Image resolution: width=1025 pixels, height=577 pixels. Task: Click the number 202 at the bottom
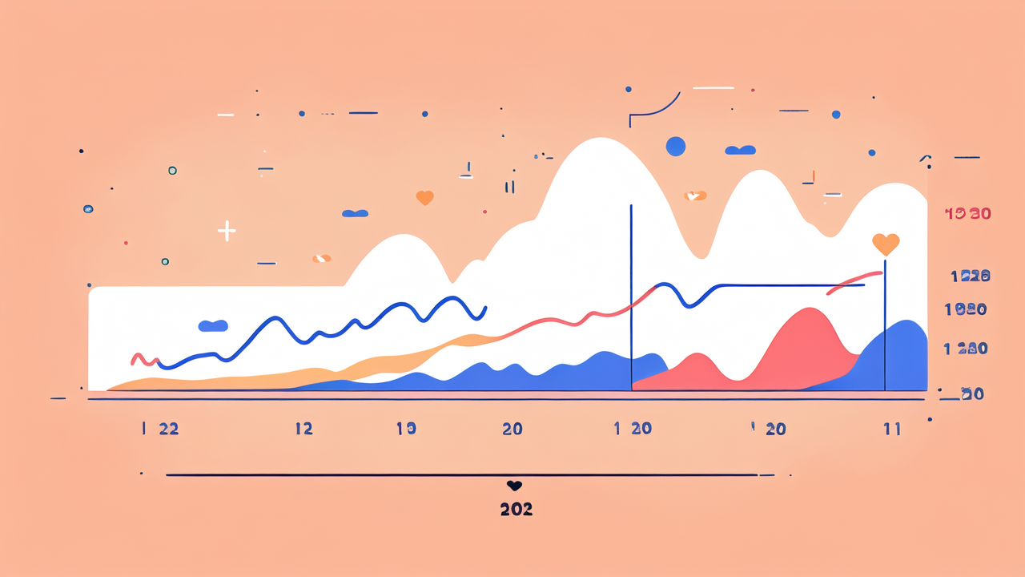tap(516, 510)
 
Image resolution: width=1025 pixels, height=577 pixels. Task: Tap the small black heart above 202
tap(514, 486)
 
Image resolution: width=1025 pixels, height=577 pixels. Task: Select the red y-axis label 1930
tap(968, 214)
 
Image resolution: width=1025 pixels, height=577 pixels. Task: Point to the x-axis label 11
tap(892, 429)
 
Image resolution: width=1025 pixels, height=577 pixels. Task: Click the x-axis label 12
tap(303, 429)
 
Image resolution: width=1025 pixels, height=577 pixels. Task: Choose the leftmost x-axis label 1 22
tap(160, 429)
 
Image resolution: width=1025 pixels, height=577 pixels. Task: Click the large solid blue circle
tap(676, 147)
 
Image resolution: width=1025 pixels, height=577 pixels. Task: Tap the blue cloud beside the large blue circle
tap(740, 150)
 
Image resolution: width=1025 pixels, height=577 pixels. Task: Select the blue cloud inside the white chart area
tap(213, 325)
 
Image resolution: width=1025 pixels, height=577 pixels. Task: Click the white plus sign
tap(227, 232)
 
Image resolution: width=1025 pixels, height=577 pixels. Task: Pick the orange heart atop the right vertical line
tap(886, 244)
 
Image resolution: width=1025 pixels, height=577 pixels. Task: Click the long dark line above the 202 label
tap(460, 475)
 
